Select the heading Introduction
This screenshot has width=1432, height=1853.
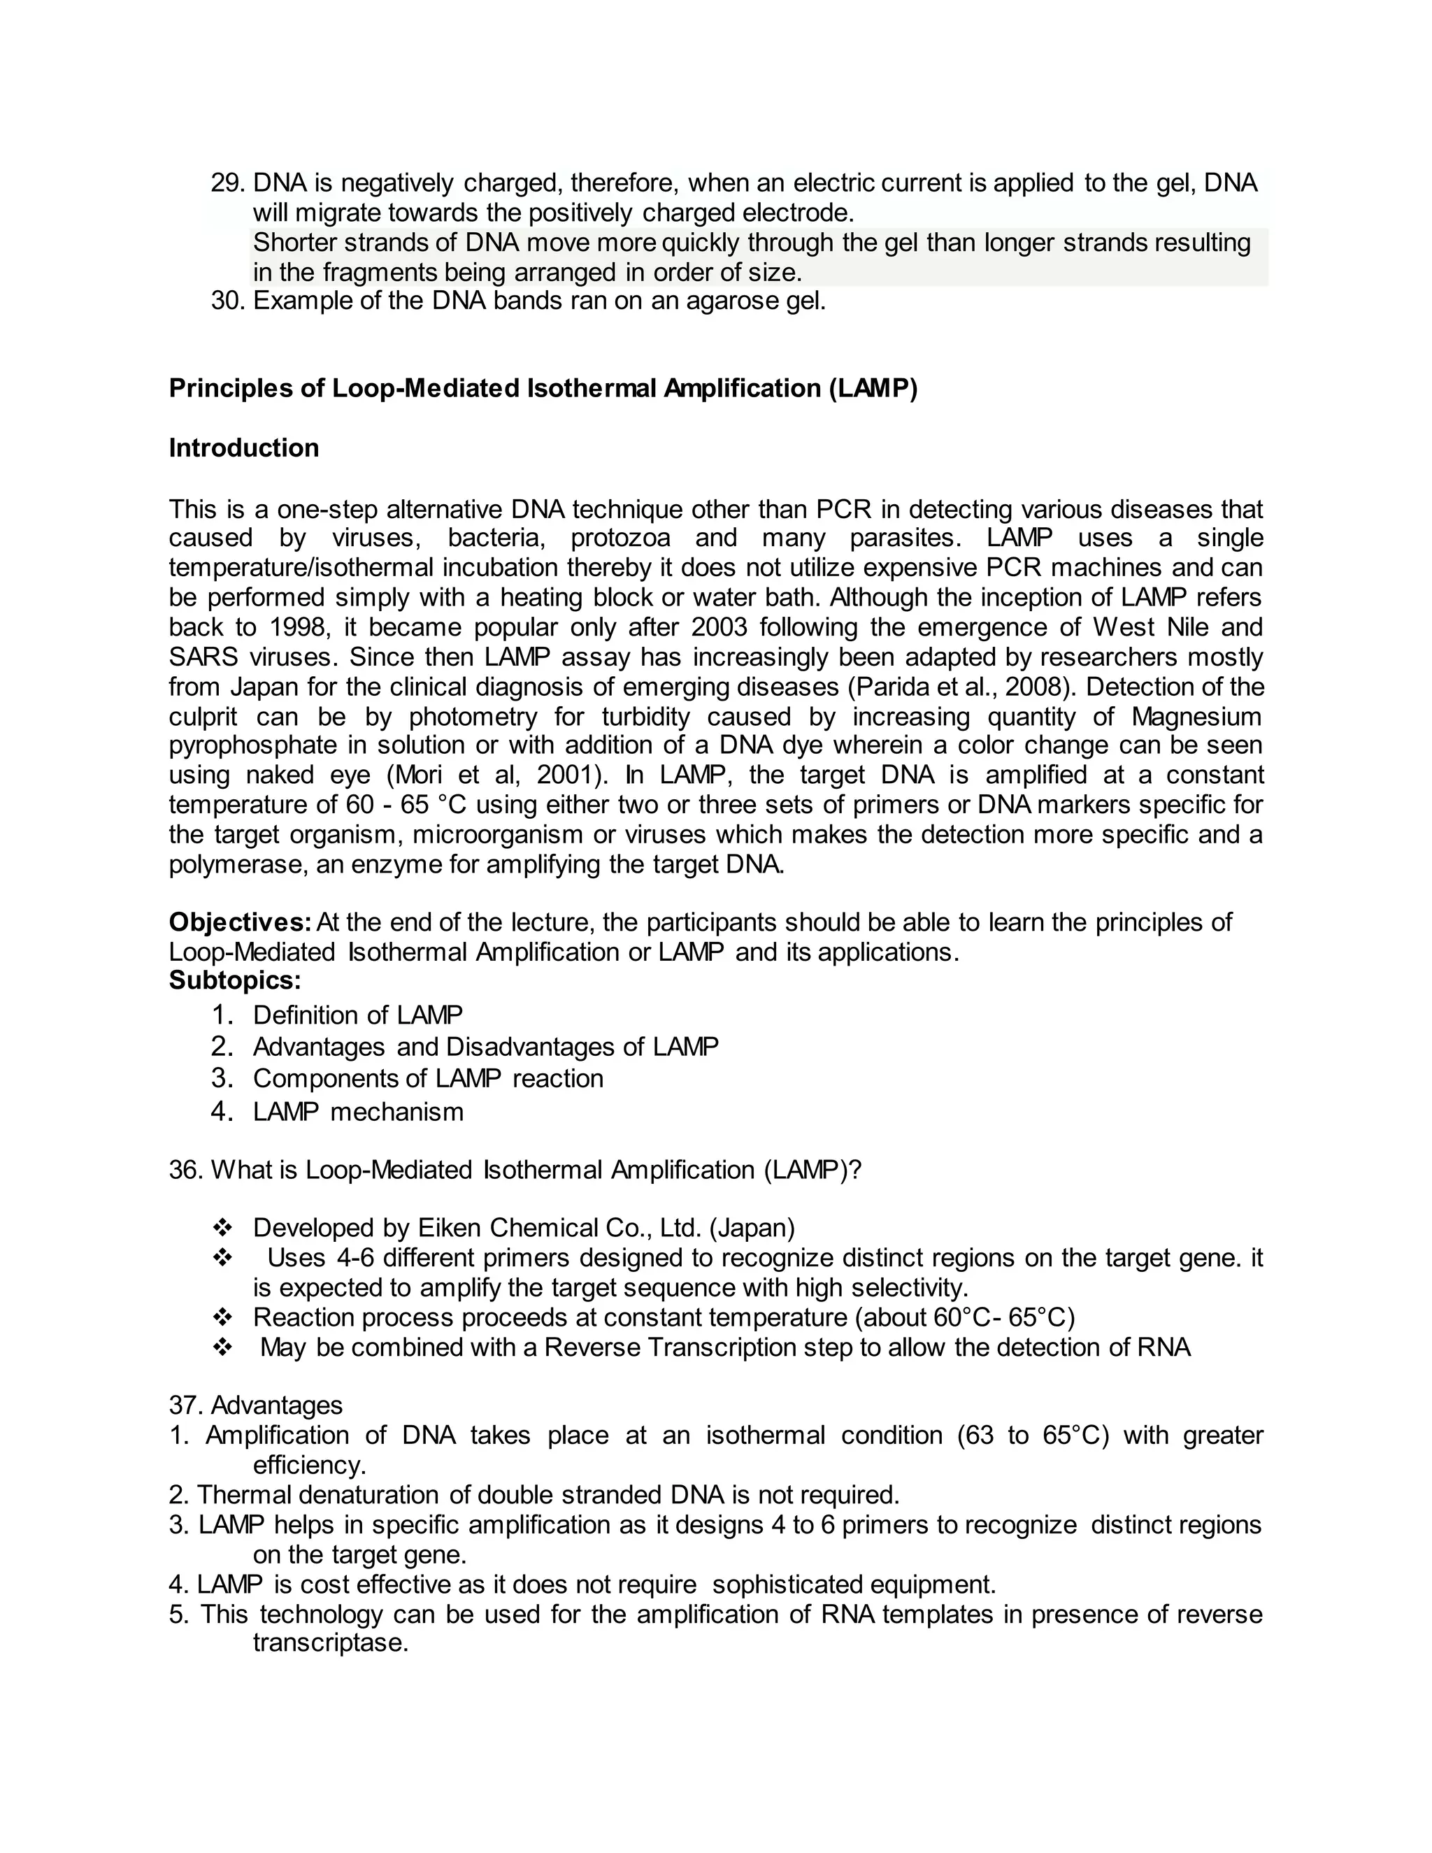(x=243, y=448)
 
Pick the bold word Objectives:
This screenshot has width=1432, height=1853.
(x=240, y=922)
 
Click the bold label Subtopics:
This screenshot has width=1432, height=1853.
(x=235, y=981)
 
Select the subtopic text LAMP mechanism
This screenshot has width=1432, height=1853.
(x=358, y=1112)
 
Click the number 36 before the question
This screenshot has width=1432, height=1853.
(x=182, y=1171)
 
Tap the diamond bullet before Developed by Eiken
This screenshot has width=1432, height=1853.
(x=223, y=1229)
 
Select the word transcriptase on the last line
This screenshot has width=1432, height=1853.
(x=331, y=1643)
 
